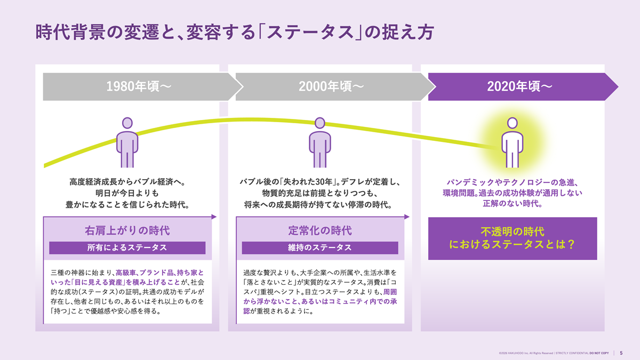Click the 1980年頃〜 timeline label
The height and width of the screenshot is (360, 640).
[x=139, y=86]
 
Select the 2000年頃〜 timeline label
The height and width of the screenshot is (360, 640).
[x=331, y=86]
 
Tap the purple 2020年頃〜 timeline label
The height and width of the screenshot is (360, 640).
[x=519, y=86]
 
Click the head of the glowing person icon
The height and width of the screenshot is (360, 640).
[x=513, y=123]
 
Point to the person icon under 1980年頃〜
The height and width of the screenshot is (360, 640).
[x=127, y=142]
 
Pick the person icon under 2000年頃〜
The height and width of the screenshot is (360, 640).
[x=319, y=142]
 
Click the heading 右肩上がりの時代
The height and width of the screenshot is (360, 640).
[x=127, y=230]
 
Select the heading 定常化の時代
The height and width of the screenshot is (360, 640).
[x=320, y=230]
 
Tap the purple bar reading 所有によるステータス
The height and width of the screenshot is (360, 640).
[x=127, y=247]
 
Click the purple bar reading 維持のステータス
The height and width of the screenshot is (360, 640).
[x=320, y=247]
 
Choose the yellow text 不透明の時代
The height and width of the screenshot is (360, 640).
[x=513, y=231]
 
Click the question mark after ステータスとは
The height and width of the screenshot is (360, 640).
[x=571, y=244]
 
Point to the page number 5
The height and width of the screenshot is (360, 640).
[x=621, y=353]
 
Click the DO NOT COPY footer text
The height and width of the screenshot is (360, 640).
[x=599, y=353]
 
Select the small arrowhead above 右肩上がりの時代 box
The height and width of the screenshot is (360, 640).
[x=214, y=217]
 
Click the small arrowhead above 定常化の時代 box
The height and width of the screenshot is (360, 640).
[x=407, y=217]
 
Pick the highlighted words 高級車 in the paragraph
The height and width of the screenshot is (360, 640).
[x=125, y=273]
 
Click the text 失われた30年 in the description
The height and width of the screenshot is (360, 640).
[x=307, y=182]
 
